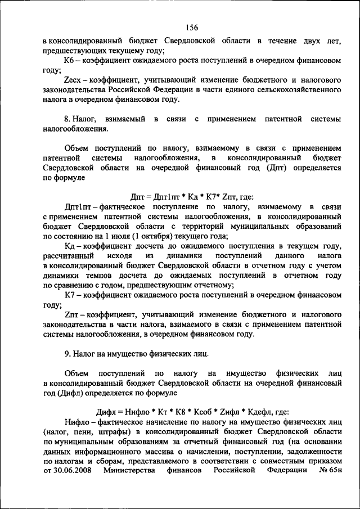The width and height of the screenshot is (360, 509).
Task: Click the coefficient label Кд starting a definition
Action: [69, 246]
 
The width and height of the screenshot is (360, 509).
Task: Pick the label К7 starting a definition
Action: [70, 295]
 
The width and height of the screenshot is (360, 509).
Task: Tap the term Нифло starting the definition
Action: [76, 421]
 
